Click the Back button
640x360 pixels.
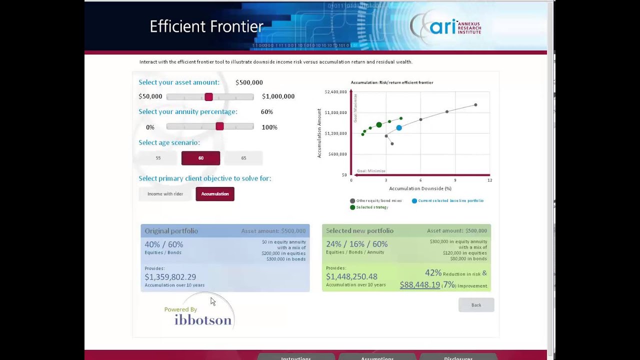[476, 305]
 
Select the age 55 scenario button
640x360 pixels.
[158, 158]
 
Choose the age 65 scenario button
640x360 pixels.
[243, 158]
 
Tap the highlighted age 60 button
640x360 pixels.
[200, 158]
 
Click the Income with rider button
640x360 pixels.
[165, 194]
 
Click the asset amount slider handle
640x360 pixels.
[208, 96]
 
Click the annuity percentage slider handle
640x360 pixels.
[219, 126]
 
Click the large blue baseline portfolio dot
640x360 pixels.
[399, 128]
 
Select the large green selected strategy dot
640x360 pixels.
[379, 124]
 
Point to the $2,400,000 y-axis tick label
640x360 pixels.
[335, 92]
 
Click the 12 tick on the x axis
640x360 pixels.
[490, 180]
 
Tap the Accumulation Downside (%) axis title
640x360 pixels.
[420, 188]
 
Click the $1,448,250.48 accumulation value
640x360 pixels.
[351, 276]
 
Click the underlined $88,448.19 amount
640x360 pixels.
[419, 285]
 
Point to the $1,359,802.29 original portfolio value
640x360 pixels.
[170, 277]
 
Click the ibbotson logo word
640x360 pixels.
[203, 320]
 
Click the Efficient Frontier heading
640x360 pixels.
[206, 26]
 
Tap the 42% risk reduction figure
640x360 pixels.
[433, 273]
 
